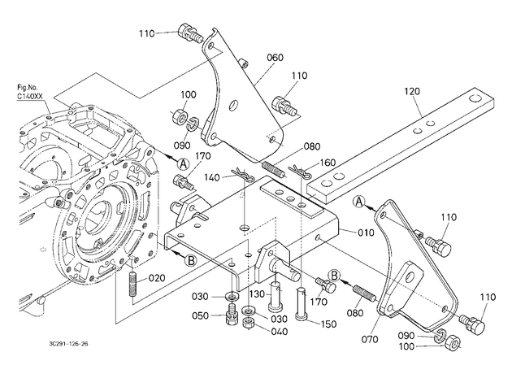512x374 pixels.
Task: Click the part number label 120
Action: (412, 91)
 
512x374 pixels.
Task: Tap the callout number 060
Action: (276, 58)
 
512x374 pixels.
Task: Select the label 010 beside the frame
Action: (366, 233)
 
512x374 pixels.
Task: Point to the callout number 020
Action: (157, 278)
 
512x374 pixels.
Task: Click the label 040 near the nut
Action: (280, 332)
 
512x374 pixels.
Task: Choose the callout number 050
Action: (200, 315)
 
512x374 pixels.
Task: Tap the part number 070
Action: (370, 339)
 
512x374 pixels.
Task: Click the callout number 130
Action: (258, 294)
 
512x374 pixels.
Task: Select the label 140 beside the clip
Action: (213, 177)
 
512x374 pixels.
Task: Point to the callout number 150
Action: (328, 324)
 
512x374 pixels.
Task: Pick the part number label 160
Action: (328, 163)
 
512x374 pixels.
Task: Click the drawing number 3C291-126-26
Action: (68, 344)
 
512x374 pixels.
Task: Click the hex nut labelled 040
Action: (249, 324)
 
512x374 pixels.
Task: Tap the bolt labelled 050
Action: (232, 314)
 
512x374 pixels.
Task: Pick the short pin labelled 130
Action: (275, 296)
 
